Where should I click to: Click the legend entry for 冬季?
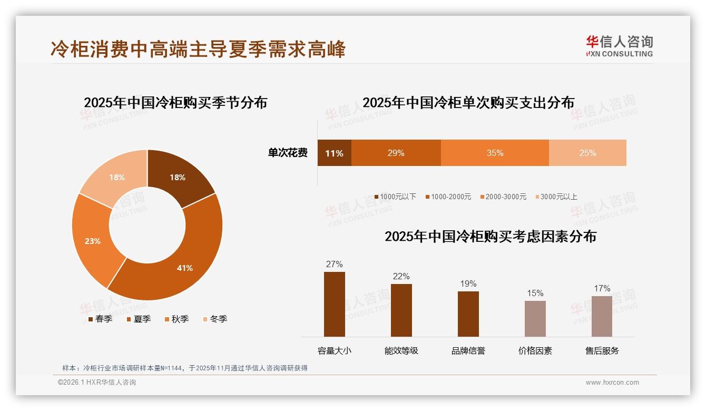tap(215, 319)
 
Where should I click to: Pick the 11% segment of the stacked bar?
tap(334, 153)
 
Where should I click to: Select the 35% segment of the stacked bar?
tap(495, 153)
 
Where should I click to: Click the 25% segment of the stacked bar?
tap(587, 153)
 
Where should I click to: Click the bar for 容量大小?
tap(335, 304)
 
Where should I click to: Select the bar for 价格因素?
tap(535, 318)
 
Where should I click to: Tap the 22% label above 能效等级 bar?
tap(401, 277)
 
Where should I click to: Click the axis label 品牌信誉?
tap(468, 350)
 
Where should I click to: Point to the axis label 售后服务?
tap(602, 350)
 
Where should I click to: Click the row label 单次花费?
tap(288, 153)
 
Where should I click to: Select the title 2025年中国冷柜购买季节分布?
tap(175, 102)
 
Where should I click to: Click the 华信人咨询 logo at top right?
tap(619, 46)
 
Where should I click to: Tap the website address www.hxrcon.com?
tap(612, 383)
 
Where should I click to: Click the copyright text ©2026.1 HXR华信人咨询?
tap(97, 383)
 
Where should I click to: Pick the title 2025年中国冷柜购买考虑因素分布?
tap(491, 237)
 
